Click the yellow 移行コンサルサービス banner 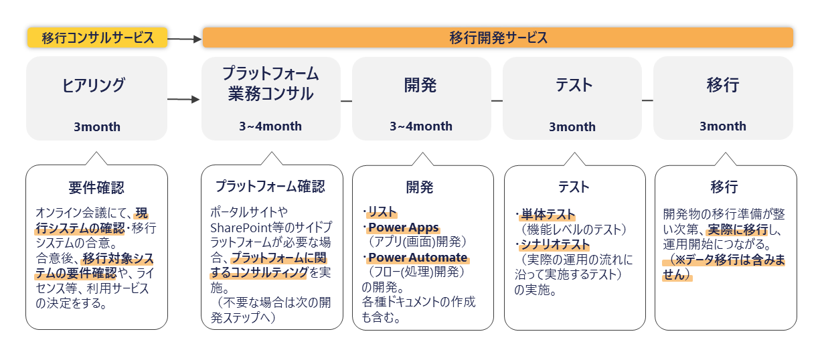(x=98, y=37)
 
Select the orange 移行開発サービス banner (x=498, y=37)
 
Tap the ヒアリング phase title (x=94, y=85)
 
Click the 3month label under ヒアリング (x=97, y=127)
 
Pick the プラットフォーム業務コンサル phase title (x=270, y=84)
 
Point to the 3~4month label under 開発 (x=421, y=126)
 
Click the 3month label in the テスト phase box (x=572, y=127)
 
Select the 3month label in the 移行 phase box (x=723, y=126)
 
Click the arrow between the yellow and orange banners (x=185, y=39)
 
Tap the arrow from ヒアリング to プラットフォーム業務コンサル (x=183, y=99)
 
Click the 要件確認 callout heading (x=96, y=187)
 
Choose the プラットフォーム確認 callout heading (x=270, y=187)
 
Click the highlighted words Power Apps (x=404, y=228)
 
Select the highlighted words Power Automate (x=418, y=258)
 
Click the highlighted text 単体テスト (x=548, y=214)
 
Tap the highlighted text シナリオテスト (x=556, y=244)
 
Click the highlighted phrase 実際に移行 (x=738, y=230)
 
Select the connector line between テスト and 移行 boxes (x=647, y=100)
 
